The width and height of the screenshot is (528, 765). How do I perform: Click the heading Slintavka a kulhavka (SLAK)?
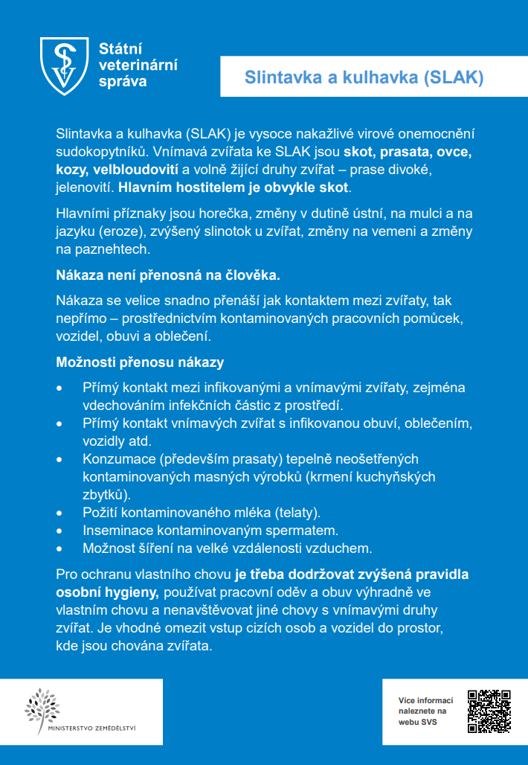(364, 77)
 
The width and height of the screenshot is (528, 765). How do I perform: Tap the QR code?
(489, 712)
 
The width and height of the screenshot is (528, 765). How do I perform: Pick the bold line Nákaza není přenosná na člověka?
(168, 275)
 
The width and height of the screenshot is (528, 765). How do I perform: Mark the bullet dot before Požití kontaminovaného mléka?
(60, 513)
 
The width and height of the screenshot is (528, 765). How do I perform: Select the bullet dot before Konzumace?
(60, 459)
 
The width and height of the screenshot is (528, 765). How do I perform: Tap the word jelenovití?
(84, 187)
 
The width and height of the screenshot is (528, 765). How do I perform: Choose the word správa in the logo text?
(123, 81)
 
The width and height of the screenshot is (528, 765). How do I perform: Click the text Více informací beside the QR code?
(425, 700)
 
